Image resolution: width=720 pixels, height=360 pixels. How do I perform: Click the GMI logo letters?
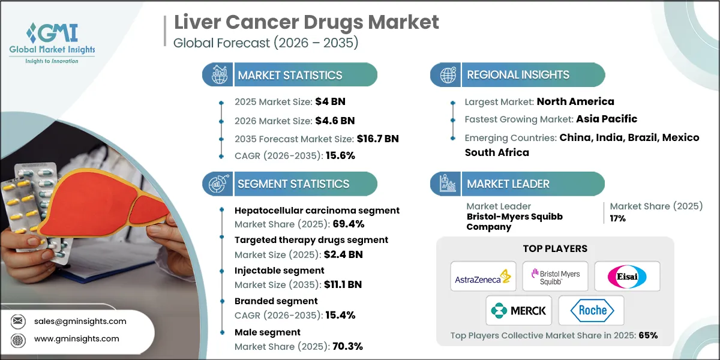52,33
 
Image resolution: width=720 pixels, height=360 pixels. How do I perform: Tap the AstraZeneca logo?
483,277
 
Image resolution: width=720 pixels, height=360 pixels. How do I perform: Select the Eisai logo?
627,277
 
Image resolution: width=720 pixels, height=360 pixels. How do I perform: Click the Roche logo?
592,311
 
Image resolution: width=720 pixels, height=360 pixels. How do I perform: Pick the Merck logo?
519,311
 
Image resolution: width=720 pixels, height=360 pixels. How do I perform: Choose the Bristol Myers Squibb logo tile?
555,277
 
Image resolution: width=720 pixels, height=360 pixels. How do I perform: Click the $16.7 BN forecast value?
377,139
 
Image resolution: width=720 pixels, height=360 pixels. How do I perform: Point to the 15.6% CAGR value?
340,155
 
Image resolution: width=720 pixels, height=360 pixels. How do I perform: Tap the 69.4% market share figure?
349,224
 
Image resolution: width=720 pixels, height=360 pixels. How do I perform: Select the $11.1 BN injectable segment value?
343,284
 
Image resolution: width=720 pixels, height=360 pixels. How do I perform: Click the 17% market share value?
618,218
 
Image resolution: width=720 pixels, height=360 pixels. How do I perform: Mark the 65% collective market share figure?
649,335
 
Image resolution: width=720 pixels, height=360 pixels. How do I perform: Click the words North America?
575,101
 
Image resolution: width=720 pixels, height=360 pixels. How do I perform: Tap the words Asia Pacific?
607,119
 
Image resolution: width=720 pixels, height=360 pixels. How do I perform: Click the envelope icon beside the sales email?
17,321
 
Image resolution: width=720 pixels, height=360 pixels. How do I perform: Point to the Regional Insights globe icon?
448,75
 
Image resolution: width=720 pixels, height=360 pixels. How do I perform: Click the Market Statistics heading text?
290,75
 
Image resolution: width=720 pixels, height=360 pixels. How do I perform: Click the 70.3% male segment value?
348,346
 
